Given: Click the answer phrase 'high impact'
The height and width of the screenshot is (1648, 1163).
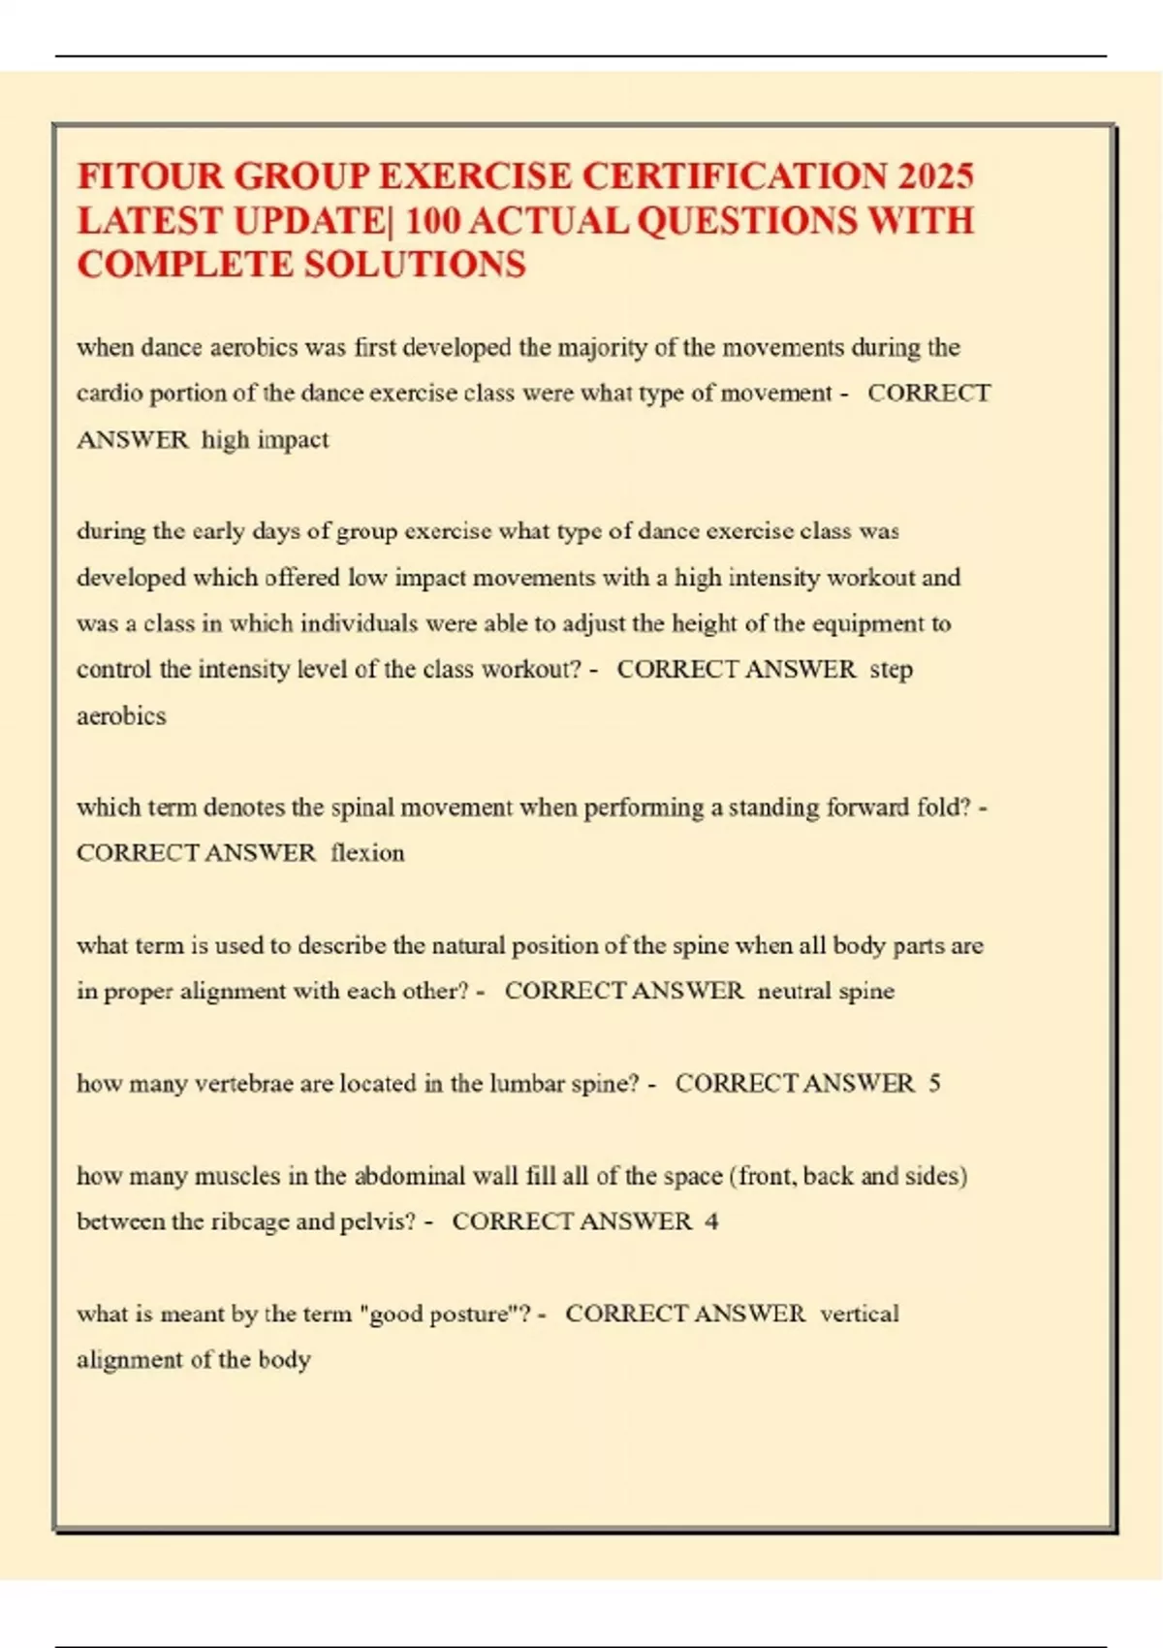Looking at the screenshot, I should [265, 440].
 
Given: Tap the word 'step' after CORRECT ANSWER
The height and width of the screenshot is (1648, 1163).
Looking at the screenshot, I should [891, 670].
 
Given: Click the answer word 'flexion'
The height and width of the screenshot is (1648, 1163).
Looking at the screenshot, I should [367, 853].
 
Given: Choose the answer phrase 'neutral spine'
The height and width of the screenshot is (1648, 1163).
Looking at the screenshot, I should [826, 991].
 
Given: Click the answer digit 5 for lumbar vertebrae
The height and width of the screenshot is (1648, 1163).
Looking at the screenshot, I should [934, 1083].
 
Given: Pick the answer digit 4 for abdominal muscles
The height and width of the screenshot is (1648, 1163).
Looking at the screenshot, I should [711, 1221].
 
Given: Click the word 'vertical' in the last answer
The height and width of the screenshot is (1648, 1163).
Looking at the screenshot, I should [860, 1314].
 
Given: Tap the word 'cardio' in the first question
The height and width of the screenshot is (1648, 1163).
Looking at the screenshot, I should [109, 394].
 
